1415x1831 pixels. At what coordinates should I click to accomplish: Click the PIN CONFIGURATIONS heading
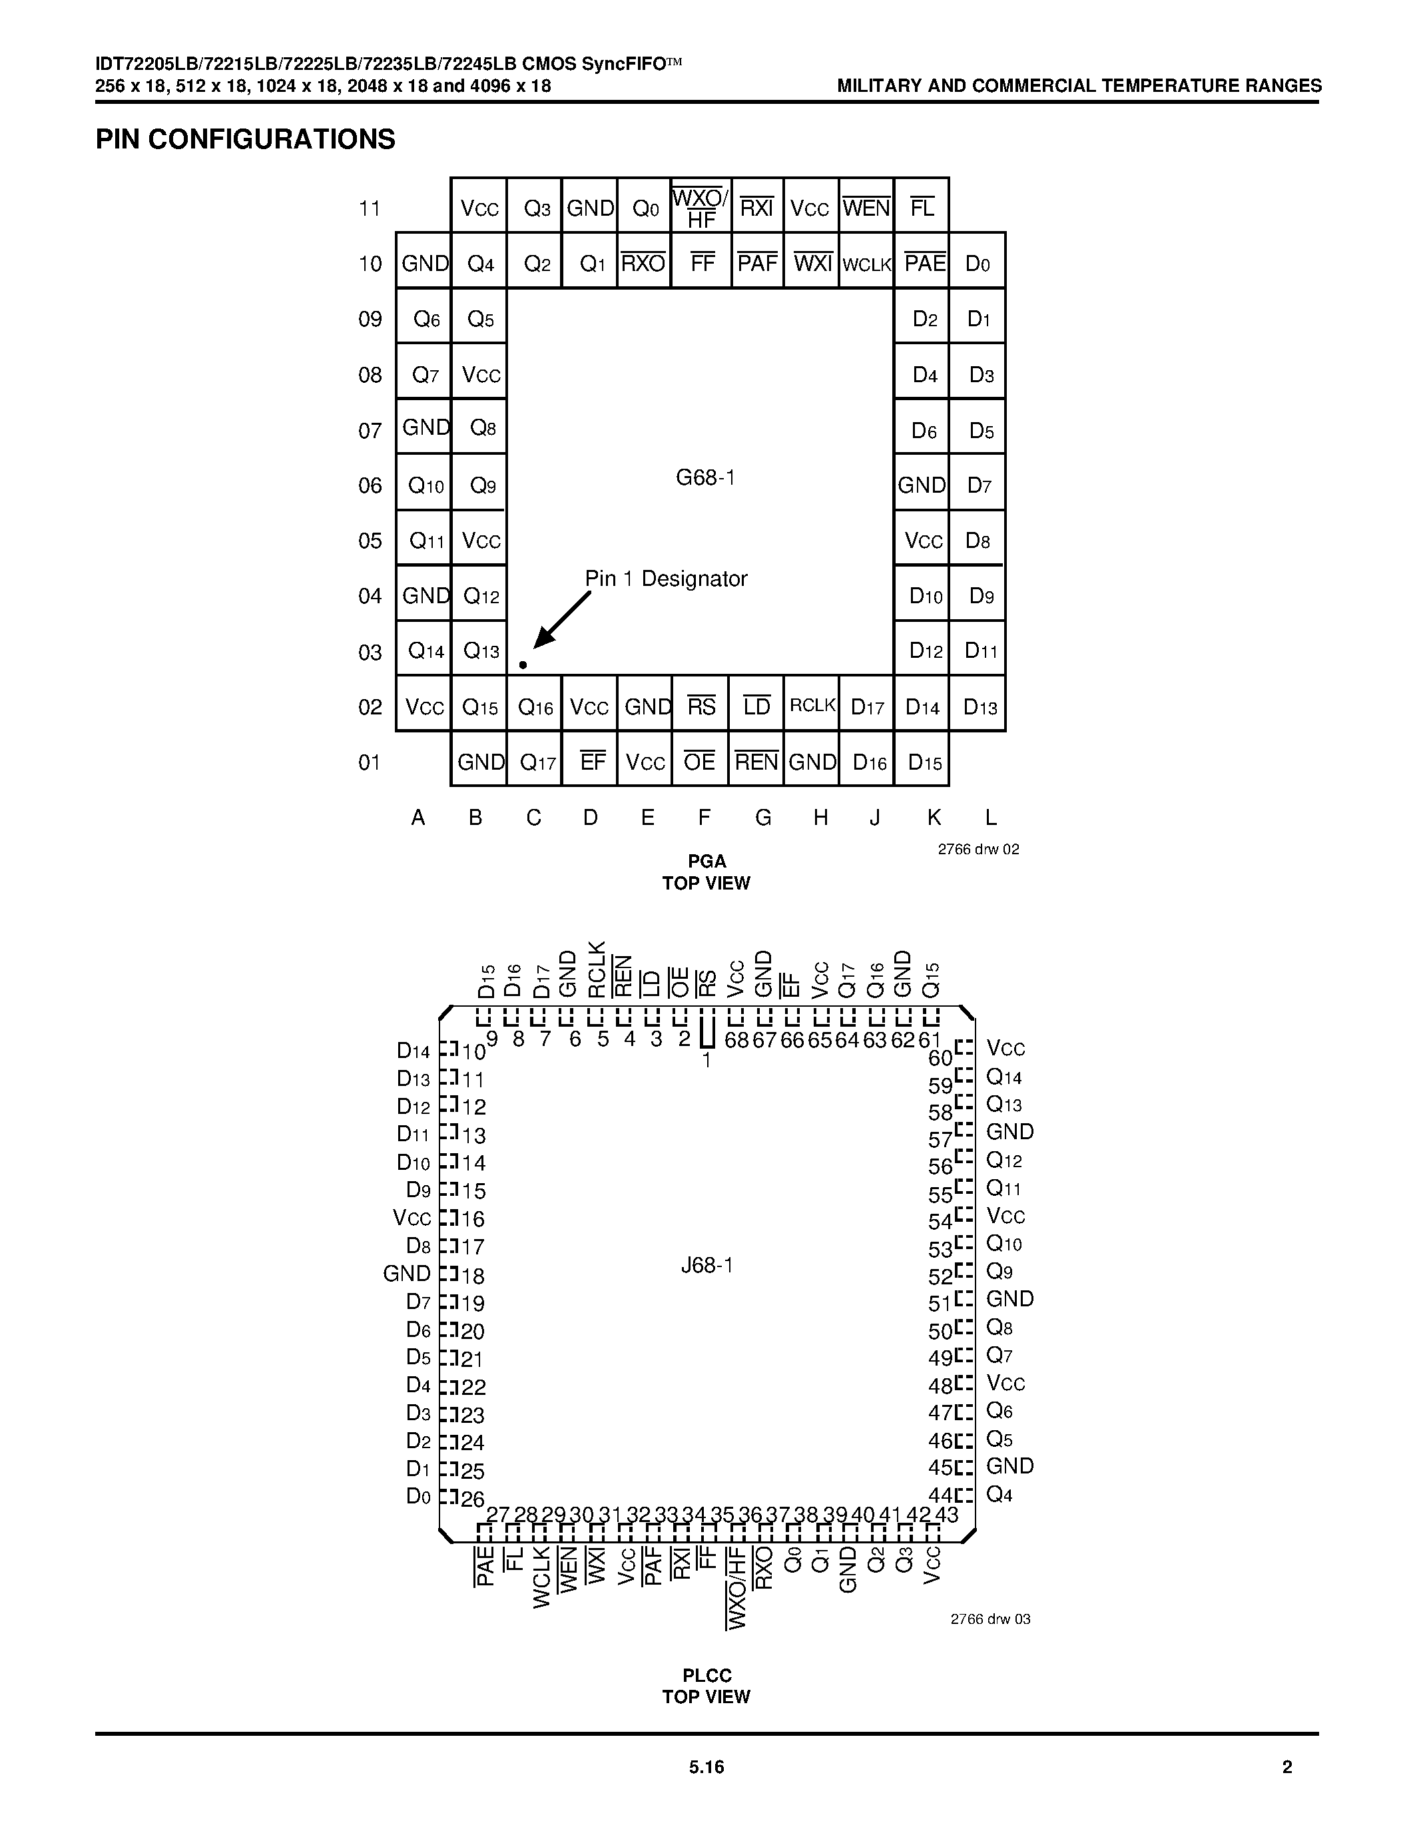(245, 139)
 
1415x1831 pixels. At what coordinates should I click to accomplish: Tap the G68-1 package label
(705, 478)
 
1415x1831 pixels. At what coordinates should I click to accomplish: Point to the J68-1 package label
(707, 1265)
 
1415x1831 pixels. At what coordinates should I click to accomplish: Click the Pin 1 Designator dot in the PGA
(523, 665)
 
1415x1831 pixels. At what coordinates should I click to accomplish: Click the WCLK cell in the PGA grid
(867, 264)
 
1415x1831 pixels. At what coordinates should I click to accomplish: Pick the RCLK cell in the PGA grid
(812, 705)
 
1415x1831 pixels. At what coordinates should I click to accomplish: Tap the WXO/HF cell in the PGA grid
(701, 208)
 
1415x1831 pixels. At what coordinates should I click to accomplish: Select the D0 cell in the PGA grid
(978, 264)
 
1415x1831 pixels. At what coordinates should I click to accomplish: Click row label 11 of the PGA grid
(370, 208)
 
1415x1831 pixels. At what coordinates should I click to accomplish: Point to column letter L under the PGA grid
(990, 818)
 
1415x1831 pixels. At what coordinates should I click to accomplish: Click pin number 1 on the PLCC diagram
(707, 1061)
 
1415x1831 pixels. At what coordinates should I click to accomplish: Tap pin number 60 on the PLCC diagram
(940, 1057)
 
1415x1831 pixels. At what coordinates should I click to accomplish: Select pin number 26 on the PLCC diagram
(473, 1499)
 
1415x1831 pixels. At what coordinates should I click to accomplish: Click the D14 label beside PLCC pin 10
(414, 1051)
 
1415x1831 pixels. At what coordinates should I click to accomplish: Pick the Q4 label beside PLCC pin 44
(999, 1494)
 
